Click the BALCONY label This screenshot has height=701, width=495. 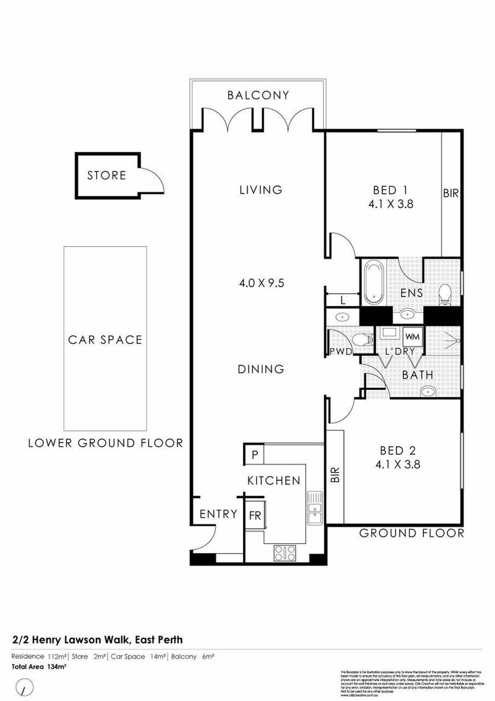258,95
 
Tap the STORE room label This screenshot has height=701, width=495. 106,176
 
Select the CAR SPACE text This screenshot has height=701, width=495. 105,340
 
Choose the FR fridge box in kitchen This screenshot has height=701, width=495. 254,514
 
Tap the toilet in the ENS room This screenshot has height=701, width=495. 445,295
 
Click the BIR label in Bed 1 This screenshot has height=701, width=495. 450,193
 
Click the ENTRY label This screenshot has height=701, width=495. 218,514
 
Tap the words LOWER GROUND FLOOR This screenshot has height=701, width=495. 105,443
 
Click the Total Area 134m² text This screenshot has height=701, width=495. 40,666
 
